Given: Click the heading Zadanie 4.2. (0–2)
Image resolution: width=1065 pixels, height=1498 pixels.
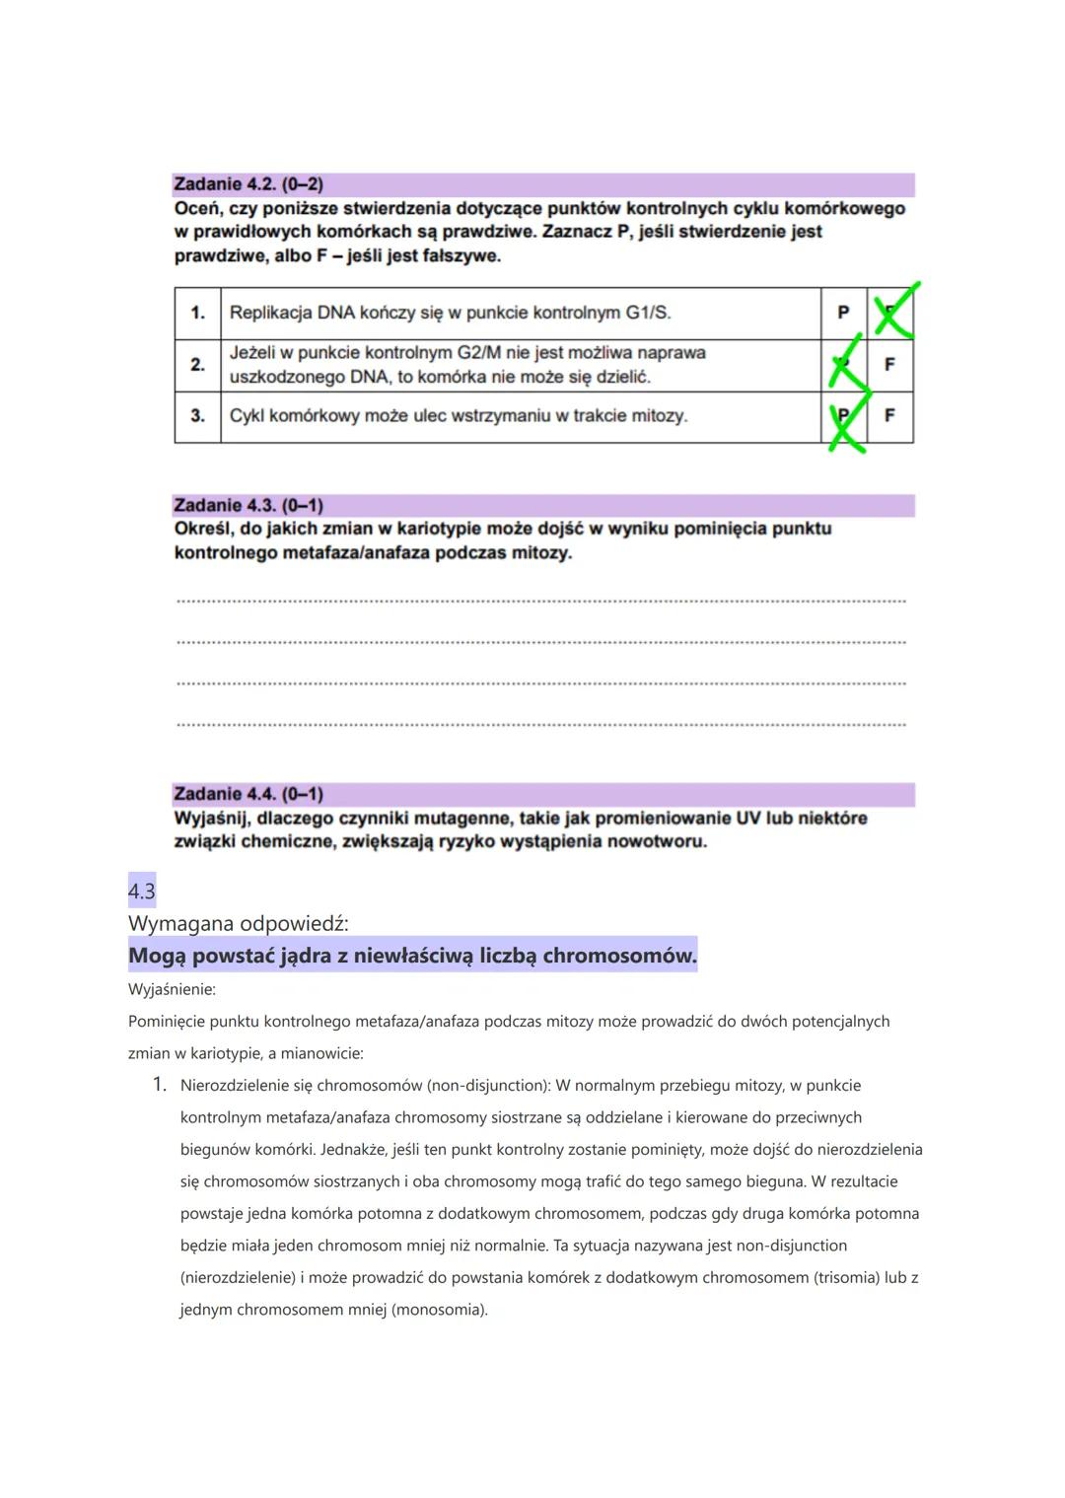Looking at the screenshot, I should [x=248, y=184].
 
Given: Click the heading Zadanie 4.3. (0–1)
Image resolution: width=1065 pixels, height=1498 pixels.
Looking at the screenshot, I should [x=248, y=506].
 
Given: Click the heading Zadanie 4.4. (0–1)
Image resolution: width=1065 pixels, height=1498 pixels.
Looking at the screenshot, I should [x=248, y=794].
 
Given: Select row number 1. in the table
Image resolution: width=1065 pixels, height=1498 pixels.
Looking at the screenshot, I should [x=197, y=313].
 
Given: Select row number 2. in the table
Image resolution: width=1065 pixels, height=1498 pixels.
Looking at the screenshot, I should [x=197, y=365].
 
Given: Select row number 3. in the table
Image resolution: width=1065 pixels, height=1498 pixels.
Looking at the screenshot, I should [x=197, y=416].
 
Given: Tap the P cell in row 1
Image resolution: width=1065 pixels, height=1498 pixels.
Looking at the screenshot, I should [x=843, y=313].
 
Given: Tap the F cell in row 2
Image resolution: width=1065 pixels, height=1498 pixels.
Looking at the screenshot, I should [x=889, y=365].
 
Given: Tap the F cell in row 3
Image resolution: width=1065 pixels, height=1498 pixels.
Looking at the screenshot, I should [x=889, y=416].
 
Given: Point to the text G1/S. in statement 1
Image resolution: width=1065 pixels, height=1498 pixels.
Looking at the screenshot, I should [x=648, y=313].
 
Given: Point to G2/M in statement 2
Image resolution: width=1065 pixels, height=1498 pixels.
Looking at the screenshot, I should [x=479, y=353].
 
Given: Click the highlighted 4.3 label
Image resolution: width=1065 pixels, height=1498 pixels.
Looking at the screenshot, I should [x=142, y=892].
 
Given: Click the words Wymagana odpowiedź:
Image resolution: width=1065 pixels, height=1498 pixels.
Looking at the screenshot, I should [x=238, y=924].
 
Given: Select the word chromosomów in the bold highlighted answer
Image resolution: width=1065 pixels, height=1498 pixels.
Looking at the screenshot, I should [x=619, y=956].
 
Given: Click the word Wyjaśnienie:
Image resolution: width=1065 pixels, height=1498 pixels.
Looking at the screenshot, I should [x=172, y=989].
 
